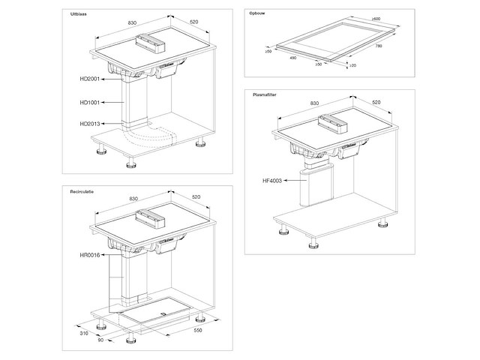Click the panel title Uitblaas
(x=79, y=14)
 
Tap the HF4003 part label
(x=273, y=181)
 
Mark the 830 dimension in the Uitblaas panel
(x=132, y=23)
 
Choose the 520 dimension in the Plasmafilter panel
(x=376, y=102)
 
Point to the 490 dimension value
(x=293, y=56)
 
